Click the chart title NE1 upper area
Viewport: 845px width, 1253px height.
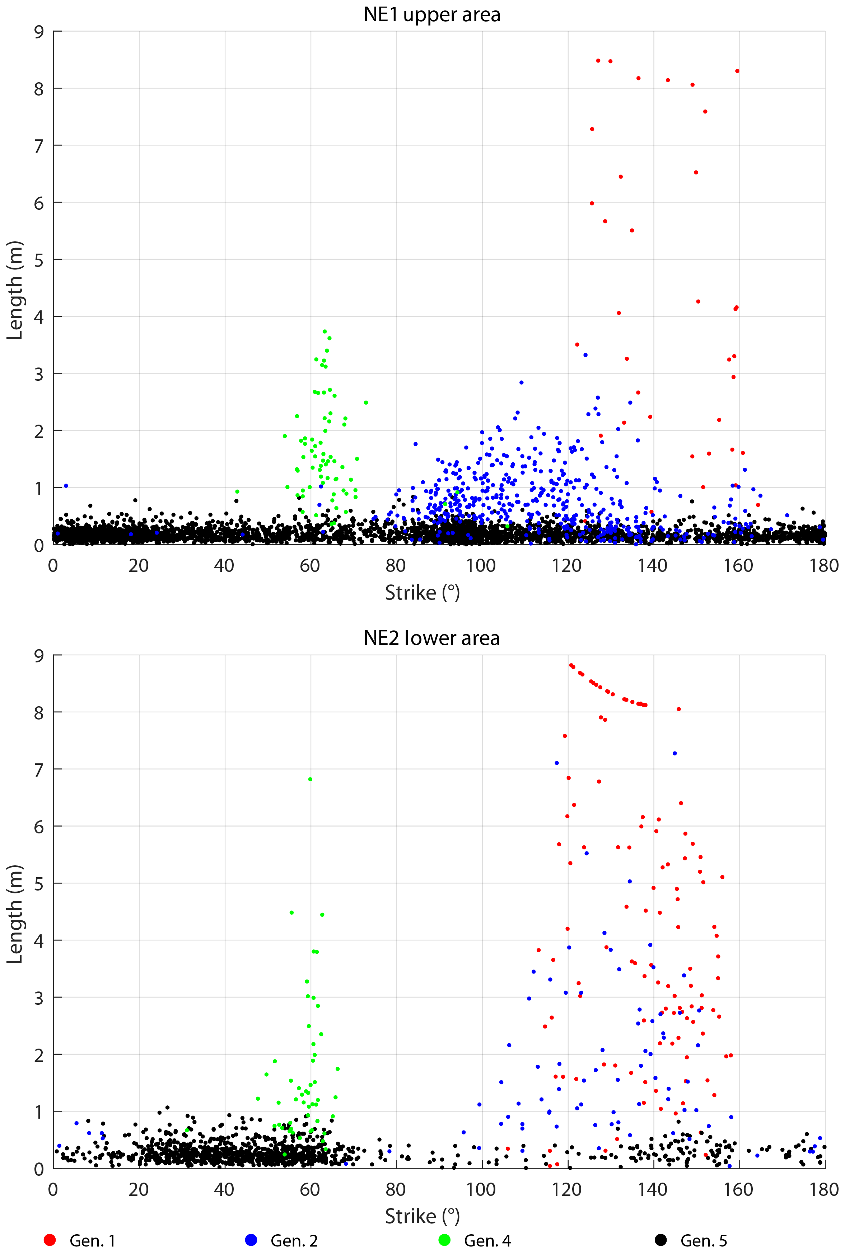coord(432,15)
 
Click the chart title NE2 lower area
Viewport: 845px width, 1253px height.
coord(432,638)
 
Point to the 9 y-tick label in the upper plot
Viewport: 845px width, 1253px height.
coord(39,32)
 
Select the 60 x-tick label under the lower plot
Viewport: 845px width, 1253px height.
coord(310,1189)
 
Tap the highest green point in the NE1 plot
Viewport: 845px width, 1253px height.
coord(325,332)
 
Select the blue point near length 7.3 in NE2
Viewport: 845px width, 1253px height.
coord(674,753)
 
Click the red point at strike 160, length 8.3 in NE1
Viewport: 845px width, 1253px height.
coord(737,71)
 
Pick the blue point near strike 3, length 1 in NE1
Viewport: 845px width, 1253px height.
coord(66,486)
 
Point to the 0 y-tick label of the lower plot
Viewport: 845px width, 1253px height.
coord(39,1169)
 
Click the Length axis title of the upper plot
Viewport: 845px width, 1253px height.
coord(15,290)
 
